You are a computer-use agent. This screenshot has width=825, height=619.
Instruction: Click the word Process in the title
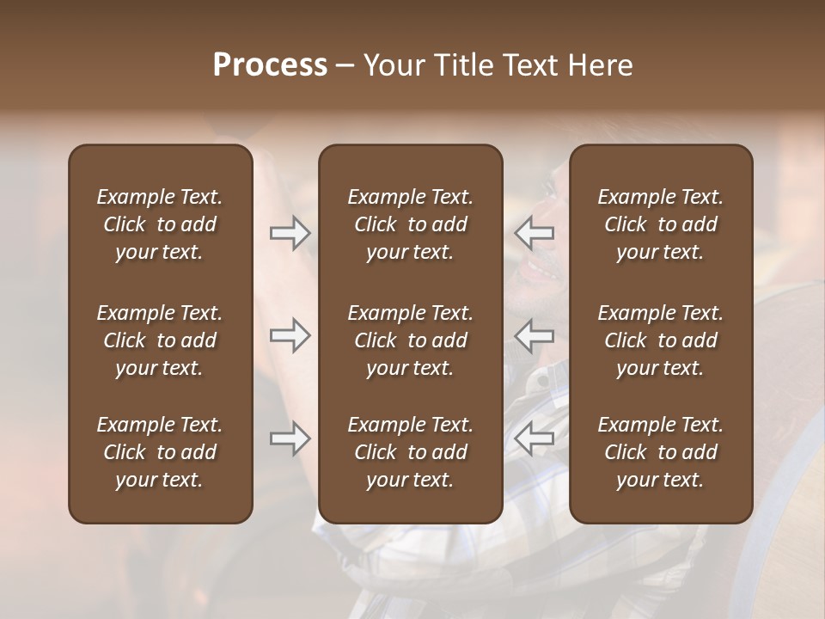click(270, 65)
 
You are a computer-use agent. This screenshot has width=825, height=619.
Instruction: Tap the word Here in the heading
click(602, 65)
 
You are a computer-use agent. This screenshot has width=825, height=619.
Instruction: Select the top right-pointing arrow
click(290, 233)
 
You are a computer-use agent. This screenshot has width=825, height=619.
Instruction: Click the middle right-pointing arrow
click(290, 336)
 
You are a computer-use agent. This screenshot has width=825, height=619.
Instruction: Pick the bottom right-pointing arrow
click(290, 439)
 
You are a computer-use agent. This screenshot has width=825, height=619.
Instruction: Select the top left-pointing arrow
click(534, 233)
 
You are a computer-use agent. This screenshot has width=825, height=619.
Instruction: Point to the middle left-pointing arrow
click(534, 336)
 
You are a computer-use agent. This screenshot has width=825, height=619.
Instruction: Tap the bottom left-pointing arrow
click(534, 439)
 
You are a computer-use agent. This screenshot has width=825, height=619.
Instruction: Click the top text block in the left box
click(160, 224)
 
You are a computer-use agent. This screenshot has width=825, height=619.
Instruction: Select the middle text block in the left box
click(160, 340)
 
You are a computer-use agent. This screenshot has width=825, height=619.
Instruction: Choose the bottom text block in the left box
click(160, 452)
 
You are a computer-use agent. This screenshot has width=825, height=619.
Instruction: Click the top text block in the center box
click(410, 224)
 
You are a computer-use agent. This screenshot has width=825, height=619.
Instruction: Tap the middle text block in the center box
click(410, 340)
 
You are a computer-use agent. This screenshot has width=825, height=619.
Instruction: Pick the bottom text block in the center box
click(410, 452)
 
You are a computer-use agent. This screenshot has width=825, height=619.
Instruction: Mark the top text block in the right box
click(660, 224)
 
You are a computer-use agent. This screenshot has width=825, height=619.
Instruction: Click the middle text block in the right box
click(660, 340)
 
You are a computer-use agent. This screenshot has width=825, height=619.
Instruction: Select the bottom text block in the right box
click(660, 452)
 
